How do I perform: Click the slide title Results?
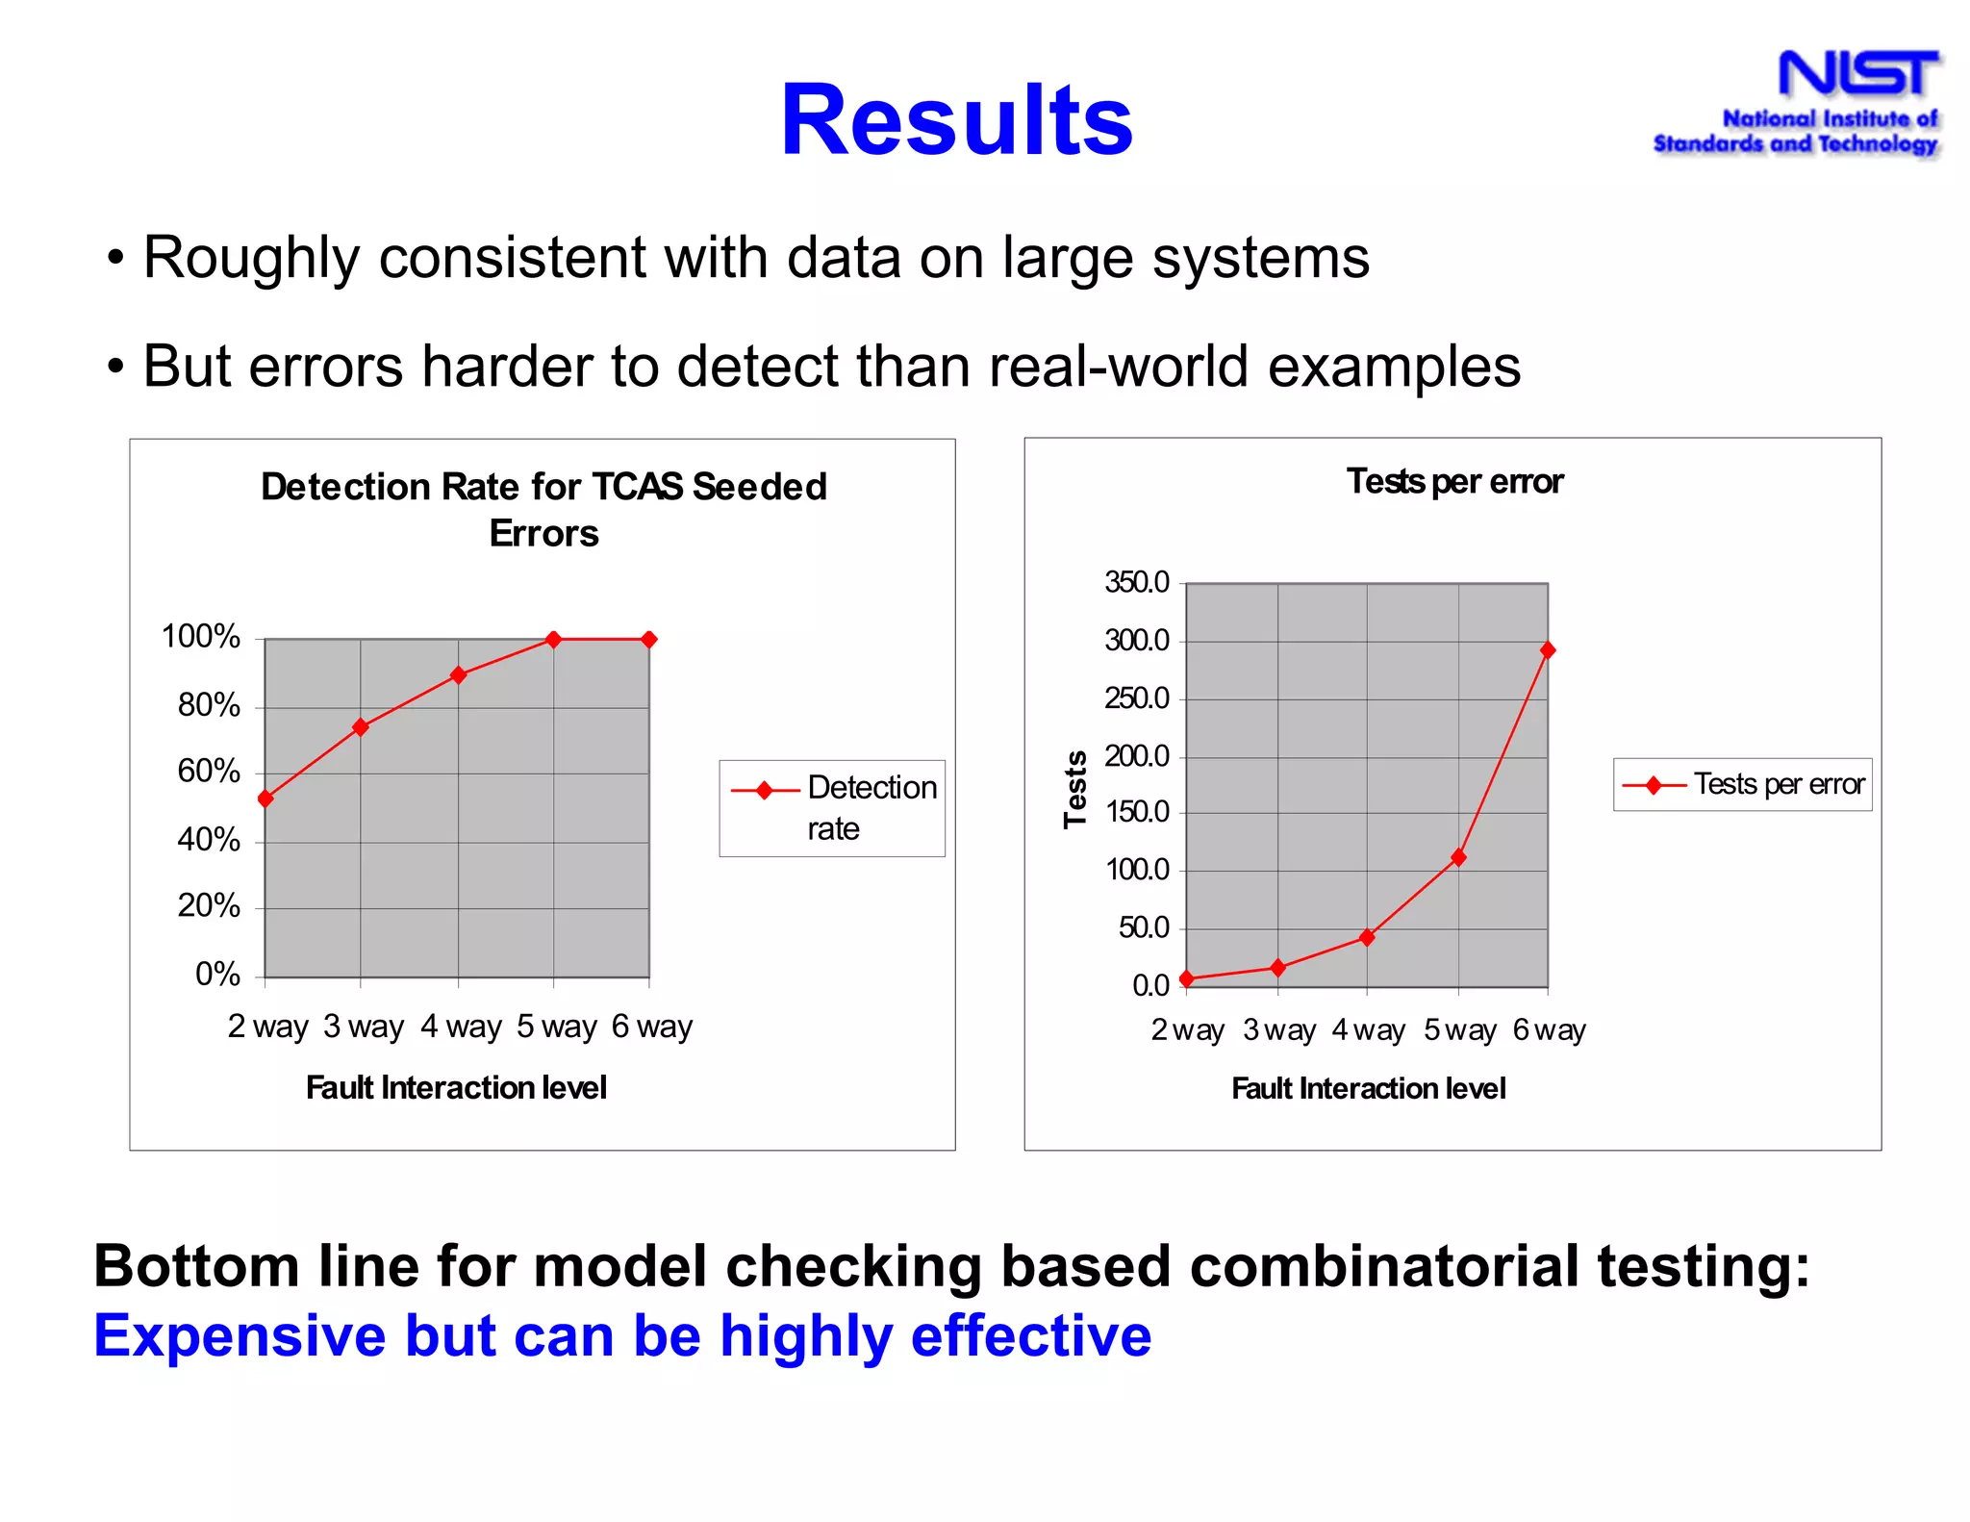tap(956, 120)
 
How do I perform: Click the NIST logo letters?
tap(1857, 74)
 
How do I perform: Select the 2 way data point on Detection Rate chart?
tap(266, 799)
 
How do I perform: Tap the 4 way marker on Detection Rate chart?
tap(459, 675)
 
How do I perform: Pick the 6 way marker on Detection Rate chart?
tap(649, 639)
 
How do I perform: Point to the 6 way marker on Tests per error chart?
tap(1548, 650)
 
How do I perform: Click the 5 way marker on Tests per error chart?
tap(1458, 857)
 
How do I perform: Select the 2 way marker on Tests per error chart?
tap(1186, 978)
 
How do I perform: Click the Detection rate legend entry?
tap(833, 808)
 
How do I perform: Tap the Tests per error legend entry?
tap(1743, 785)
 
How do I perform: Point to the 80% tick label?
tap(209, 705)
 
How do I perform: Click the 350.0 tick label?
tap(1137, 582)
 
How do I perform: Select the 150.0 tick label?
tap(1137, 812)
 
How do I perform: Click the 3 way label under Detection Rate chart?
tap(364, 1027)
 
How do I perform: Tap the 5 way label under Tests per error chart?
tap(1460, 1030)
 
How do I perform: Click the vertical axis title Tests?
tap(1074, 789)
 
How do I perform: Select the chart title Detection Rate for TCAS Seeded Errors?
tap(543, 510)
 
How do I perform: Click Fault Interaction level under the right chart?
tap(1368, 1088)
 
